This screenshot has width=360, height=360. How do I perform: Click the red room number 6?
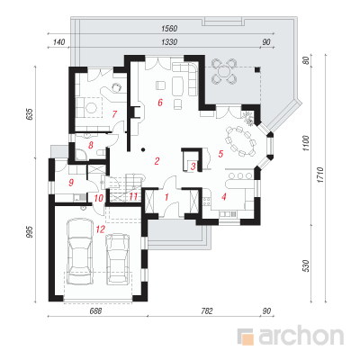click(x=160, y=103)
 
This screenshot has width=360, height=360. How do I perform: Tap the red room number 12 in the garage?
click(x=101, y=229)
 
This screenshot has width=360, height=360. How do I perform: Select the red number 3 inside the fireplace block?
click(x=193, y=166)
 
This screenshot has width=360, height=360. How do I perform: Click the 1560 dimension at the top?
click(x=170, y=29)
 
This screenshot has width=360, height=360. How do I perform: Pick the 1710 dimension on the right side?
click(x=320, y=175)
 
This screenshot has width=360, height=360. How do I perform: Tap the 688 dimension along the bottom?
click(x=95, y=311)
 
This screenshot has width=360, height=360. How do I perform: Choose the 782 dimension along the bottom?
click(x=206, y=311)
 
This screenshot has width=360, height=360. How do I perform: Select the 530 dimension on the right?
click(x=306, y=265)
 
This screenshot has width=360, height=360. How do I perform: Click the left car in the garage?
click(x=79, y=251)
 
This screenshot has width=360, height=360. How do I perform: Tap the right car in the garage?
click(x=118, y=258)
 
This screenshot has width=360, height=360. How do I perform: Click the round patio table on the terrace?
click(x=223, y=72)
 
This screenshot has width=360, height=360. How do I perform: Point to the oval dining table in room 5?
click(x=241, y=141)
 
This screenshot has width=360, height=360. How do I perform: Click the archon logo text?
click(x=301, y=337)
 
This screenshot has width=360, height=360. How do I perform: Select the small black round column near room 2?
click(x=143, y=149)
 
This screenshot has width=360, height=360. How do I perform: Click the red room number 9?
click(x=71, y=183)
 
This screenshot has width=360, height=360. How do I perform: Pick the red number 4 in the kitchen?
click(x=223, y=197)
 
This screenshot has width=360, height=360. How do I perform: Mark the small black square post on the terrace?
click(x=257, y=69)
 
